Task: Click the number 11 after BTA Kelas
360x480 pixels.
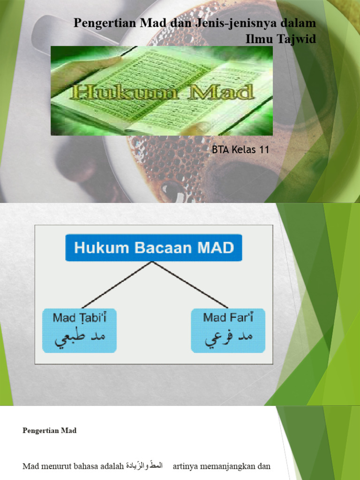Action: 264,150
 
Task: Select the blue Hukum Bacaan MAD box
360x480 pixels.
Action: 154,247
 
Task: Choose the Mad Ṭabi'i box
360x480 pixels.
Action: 79,330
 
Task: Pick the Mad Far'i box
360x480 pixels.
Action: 228,330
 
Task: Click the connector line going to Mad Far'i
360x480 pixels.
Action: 190,285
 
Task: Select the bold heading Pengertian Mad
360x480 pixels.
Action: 49,431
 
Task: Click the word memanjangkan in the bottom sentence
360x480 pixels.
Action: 227,466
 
